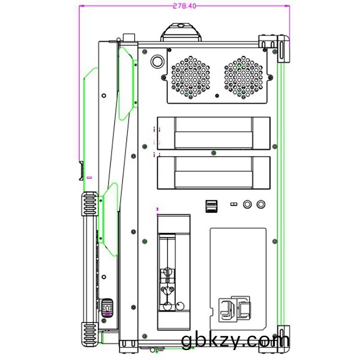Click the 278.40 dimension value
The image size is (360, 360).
[184, 6]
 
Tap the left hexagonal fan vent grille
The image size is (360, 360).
[190, 77]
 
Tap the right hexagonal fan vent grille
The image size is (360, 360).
[243, 77]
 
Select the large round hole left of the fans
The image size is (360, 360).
[157, 61]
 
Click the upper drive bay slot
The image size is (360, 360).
[213, 133]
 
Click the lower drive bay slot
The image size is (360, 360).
[213, 173]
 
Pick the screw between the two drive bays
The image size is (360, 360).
[213, 153]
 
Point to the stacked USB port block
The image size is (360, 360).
[211, 206]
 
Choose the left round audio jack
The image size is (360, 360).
[247, 204]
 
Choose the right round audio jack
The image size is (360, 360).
[261, 204]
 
